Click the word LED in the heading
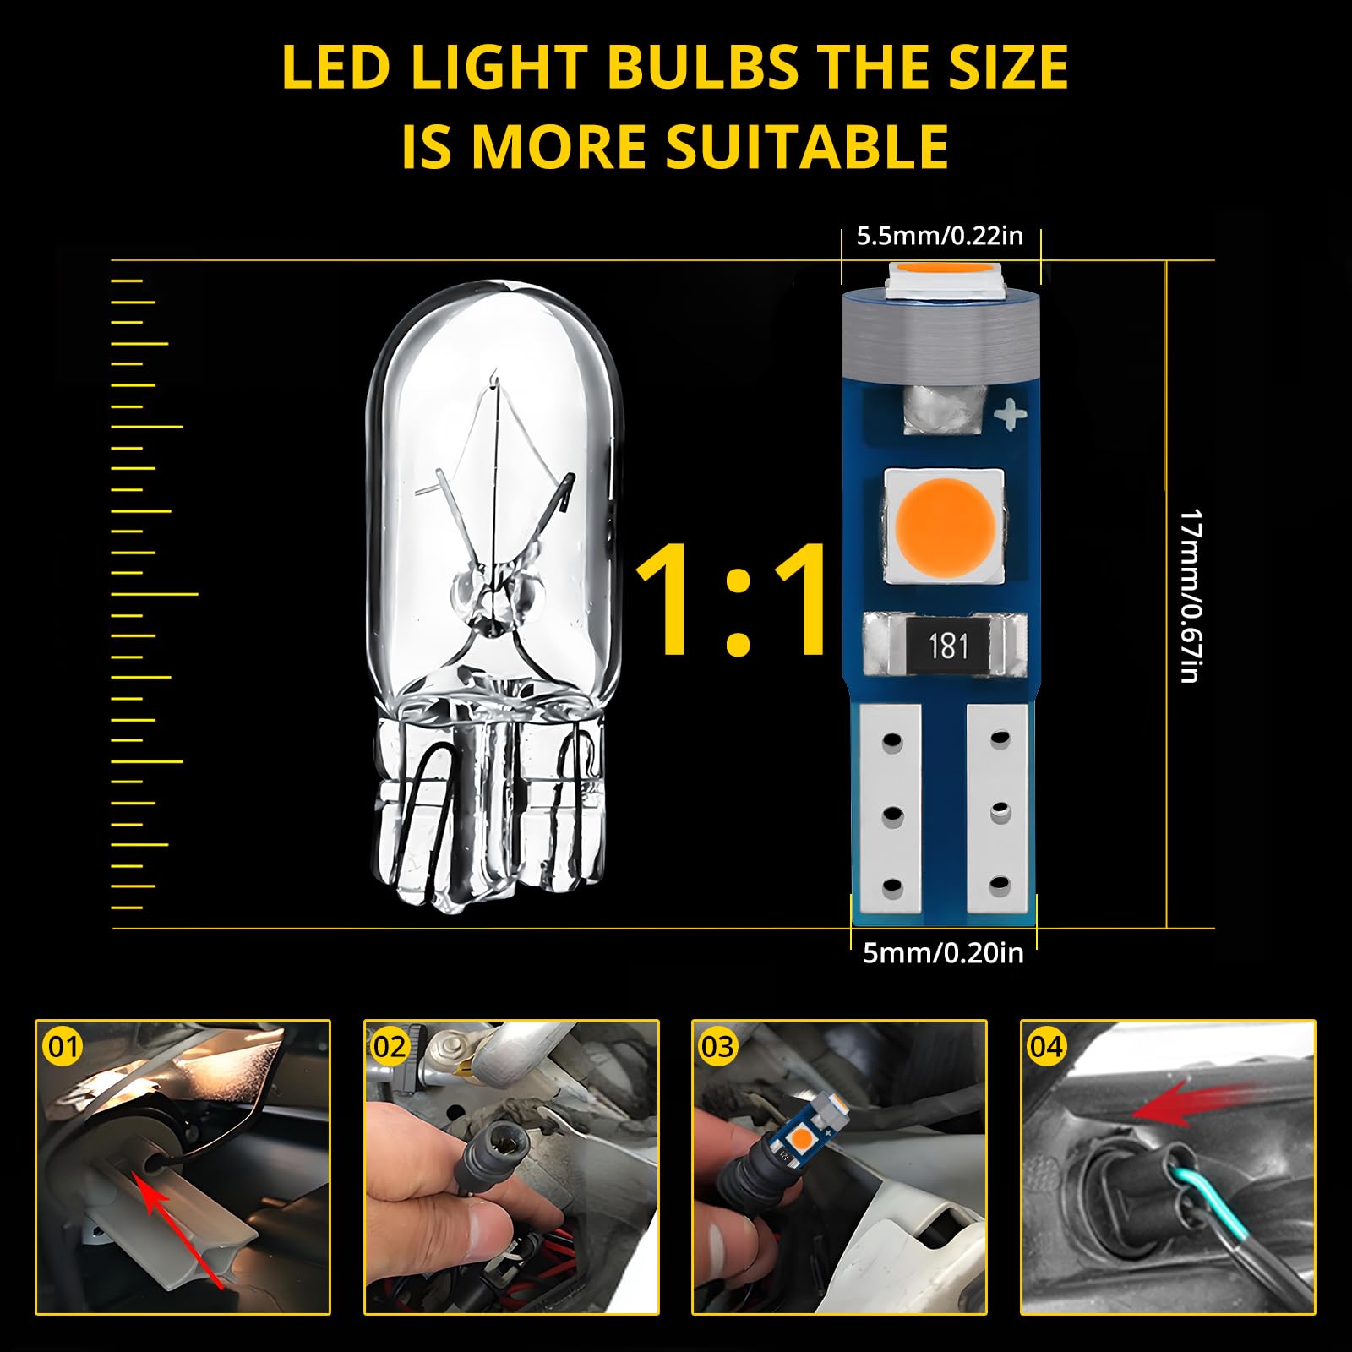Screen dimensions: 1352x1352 pyautogui.click(x=335, y=67)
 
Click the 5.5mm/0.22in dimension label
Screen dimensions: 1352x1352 pyautogui.click(x=940, y=236)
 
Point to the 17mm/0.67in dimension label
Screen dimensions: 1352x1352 pyautogui.click(x=1191, y=595)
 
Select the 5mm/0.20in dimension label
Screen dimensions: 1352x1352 pyautogui.click(x=942, y=953)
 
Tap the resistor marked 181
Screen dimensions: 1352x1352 pyautogui.click(x=947, y=646)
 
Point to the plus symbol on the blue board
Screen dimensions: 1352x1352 pyautogui.click(x=1010, y=415)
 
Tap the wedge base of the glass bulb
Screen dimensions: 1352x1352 pyautogui.click(x=490, y=803)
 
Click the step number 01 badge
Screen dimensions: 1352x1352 pyautogui.click(x=63, y=1047)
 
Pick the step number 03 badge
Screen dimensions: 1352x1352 pyautogui.click(x=717, y=1047)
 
